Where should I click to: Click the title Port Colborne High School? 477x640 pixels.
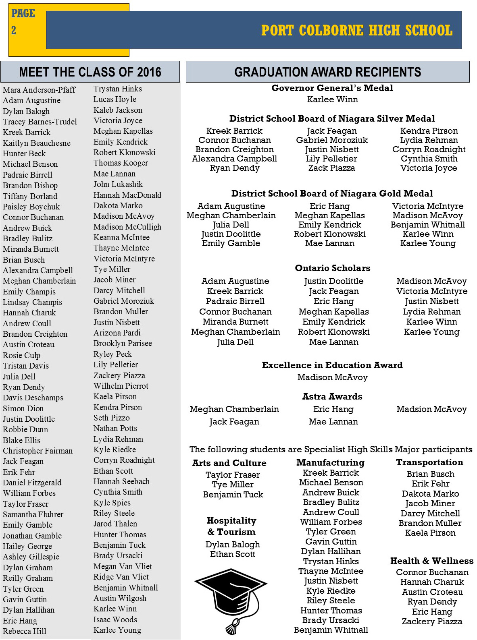click(356, 31)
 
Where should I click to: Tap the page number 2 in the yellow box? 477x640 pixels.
click(14, 31)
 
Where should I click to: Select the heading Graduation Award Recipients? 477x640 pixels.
click(327, 72)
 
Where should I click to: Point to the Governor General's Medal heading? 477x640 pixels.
click(332, 88)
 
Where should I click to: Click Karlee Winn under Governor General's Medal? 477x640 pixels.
click(332, 99)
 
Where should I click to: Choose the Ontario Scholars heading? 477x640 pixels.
click(332, 268)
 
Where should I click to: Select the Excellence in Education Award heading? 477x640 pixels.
click(332, 365)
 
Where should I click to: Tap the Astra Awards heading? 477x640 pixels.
click(332, 397)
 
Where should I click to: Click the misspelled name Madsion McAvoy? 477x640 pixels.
click(431, 410)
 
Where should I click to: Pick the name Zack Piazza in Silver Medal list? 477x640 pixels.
click(331, 168)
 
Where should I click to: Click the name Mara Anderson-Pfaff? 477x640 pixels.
click(39, 90)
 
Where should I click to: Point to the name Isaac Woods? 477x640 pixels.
click(115, 619)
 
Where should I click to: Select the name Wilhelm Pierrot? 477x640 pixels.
click(121, 386)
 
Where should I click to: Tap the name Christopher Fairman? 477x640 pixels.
click(37, 451)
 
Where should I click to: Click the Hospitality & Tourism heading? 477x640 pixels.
click(231, 526)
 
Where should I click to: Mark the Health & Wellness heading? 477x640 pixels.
click(431, 561)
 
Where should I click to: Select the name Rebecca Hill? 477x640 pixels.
click(24, 632)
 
